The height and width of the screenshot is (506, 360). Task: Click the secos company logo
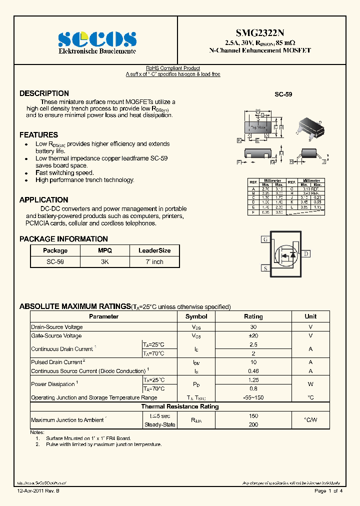pos(97,39)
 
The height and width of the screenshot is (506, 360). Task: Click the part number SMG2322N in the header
pos(259,32)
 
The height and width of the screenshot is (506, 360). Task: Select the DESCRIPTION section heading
pos(44,93)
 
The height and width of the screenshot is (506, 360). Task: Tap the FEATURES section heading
pos(38,135)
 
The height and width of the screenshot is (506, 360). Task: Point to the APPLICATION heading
pos(43,200)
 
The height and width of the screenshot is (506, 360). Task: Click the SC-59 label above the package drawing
pos(283,94)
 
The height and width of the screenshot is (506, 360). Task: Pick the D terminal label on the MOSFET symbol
pos(306,254)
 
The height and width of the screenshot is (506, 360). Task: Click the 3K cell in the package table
pos(105,261)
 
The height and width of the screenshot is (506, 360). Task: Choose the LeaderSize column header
pos(154,250)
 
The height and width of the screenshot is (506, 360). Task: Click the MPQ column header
pos(105,250)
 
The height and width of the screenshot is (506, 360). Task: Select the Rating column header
pos(253,316)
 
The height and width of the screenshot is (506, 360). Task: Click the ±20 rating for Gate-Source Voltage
pos(253,335)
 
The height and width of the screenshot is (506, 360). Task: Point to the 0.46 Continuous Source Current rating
pos(253,371)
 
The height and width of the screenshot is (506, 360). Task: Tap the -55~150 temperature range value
pos(253,397)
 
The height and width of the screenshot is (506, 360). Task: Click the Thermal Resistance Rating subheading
pos(179,406)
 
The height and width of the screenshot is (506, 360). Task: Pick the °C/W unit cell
pos(310,420)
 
